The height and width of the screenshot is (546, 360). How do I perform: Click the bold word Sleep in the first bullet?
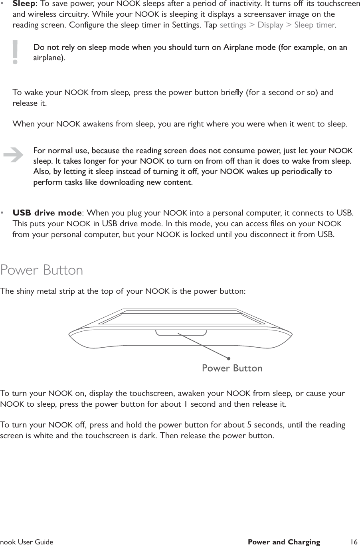point(24,4)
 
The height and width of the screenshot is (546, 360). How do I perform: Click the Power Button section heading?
point(42,270)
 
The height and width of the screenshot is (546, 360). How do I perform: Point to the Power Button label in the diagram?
point(232,368)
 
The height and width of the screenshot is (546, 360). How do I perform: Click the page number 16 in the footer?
point(353,542)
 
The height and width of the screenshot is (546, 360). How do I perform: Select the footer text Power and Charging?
point(284,542)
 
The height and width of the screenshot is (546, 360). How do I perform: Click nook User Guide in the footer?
point(27,542)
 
